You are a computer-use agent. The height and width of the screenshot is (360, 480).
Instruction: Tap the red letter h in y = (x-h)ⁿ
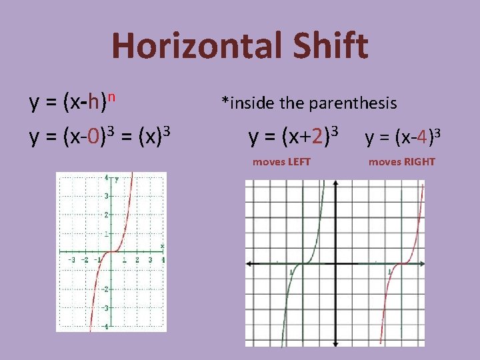(97, 103)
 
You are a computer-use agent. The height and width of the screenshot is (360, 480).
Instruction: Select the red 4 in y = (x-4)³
(422, 139)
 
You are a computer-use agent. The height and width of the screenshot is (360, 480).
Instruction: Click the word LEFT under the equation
(297, 162)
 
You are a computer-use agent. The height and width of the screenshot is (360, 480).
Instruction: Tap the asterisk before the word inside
(225, 101)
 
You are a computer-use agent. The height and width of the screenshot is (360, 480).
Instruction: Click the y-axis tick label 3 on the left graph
(107, 196)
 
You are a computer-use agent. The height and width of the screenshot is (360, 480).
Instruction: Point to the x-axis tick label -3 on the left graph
(73, 259)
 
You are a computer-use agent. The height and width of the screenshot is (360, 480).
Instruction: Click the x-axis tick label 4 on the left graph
(163, 259)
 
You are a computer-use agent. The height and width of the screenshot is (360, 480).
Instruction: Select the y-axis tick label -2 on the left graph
(106, 289)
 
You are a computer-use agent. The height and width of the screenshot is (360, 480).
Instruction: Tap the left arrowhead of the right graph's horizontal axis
(249, 264)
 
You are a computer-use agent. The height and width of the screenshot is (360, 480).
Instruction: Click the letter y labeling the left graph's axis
(117, 179)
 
